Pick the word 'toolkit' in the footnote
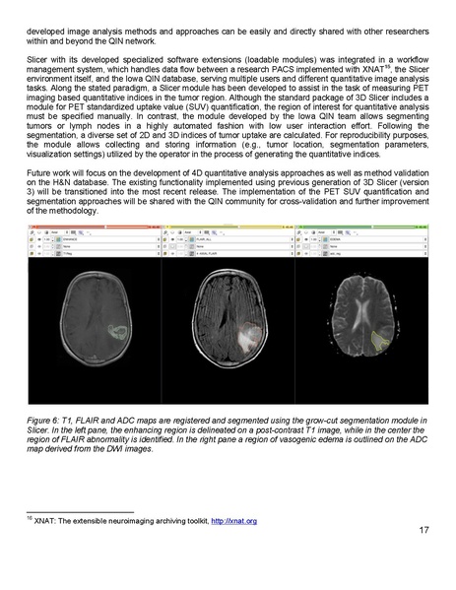coord(187,547)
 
